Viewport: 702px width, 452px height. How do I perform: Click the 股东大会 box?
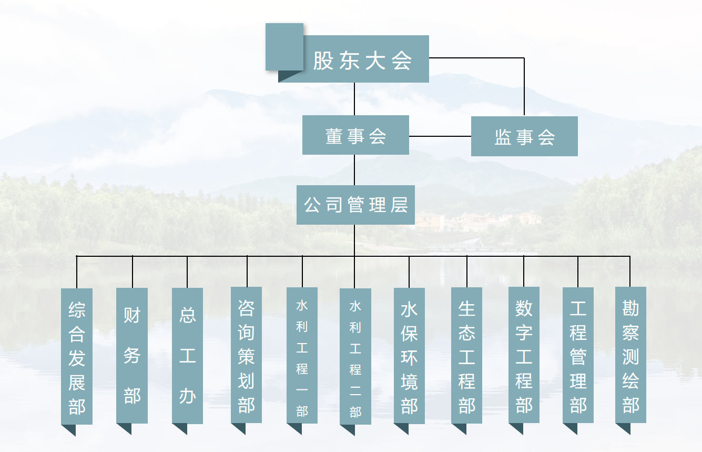tap(363, 60)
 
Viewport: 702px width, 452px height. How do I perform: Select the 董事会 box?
tap(355, 135)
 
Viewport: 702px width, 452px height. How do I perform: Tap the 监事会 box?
tap(524, 136)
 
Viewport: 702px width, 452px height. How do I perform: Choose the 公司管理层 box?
tap(355, 205)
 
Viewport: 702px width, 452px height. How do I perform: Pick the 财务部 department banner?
tap(132, 355)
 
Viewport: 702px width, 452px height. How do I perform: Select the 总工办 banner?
tap(187, 355)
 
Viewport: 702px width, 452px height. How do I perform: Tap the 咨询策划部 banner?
tap(246, 355)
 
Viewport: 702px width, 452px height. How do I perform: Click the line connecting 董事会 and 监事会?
tap(440, 136)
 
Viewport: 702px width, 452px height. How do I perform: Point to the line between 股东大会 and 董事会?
tap(354, 99)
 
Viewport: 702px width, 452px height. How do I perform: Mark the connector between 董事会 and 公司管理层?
tap(354, 170)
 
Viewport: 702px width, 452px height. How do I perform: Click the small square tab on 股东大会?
tap(284, 46)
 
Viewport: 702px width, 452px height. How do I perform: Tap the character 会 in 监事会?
tap(547, 137)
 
